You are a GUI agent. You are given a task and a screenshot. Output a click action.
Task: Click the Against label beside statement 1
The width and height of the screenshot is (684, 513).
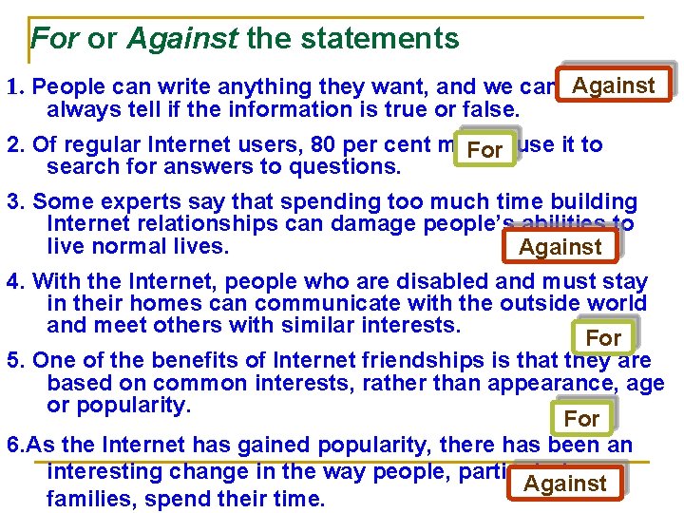point(614,85)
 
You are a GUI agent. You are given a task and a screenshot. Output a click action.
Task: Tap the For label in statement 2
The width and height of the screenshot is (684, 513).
point(484,150)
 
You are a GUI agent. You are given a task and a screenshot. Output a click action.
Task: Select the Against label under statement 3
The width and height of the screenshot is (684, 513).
point(560,247)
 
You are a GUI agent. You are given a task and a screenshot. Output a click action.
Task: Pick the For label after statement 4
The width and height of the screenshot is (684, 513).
point(603,337)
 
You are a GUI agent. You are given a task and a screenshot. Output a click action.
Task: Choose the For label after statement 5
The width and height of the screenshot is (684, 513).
point(581,418)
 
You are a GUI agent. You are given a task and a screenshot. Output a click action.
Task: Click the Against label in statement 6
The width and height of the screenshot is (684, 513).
point(565,484)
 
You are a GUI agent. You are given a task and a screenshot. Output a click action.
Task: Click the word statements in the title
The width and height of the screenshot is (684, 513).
point(390,39)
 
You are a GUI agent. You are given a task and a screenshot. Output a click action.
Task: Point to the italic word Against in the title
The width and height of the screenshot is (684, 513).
point(181,39)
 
